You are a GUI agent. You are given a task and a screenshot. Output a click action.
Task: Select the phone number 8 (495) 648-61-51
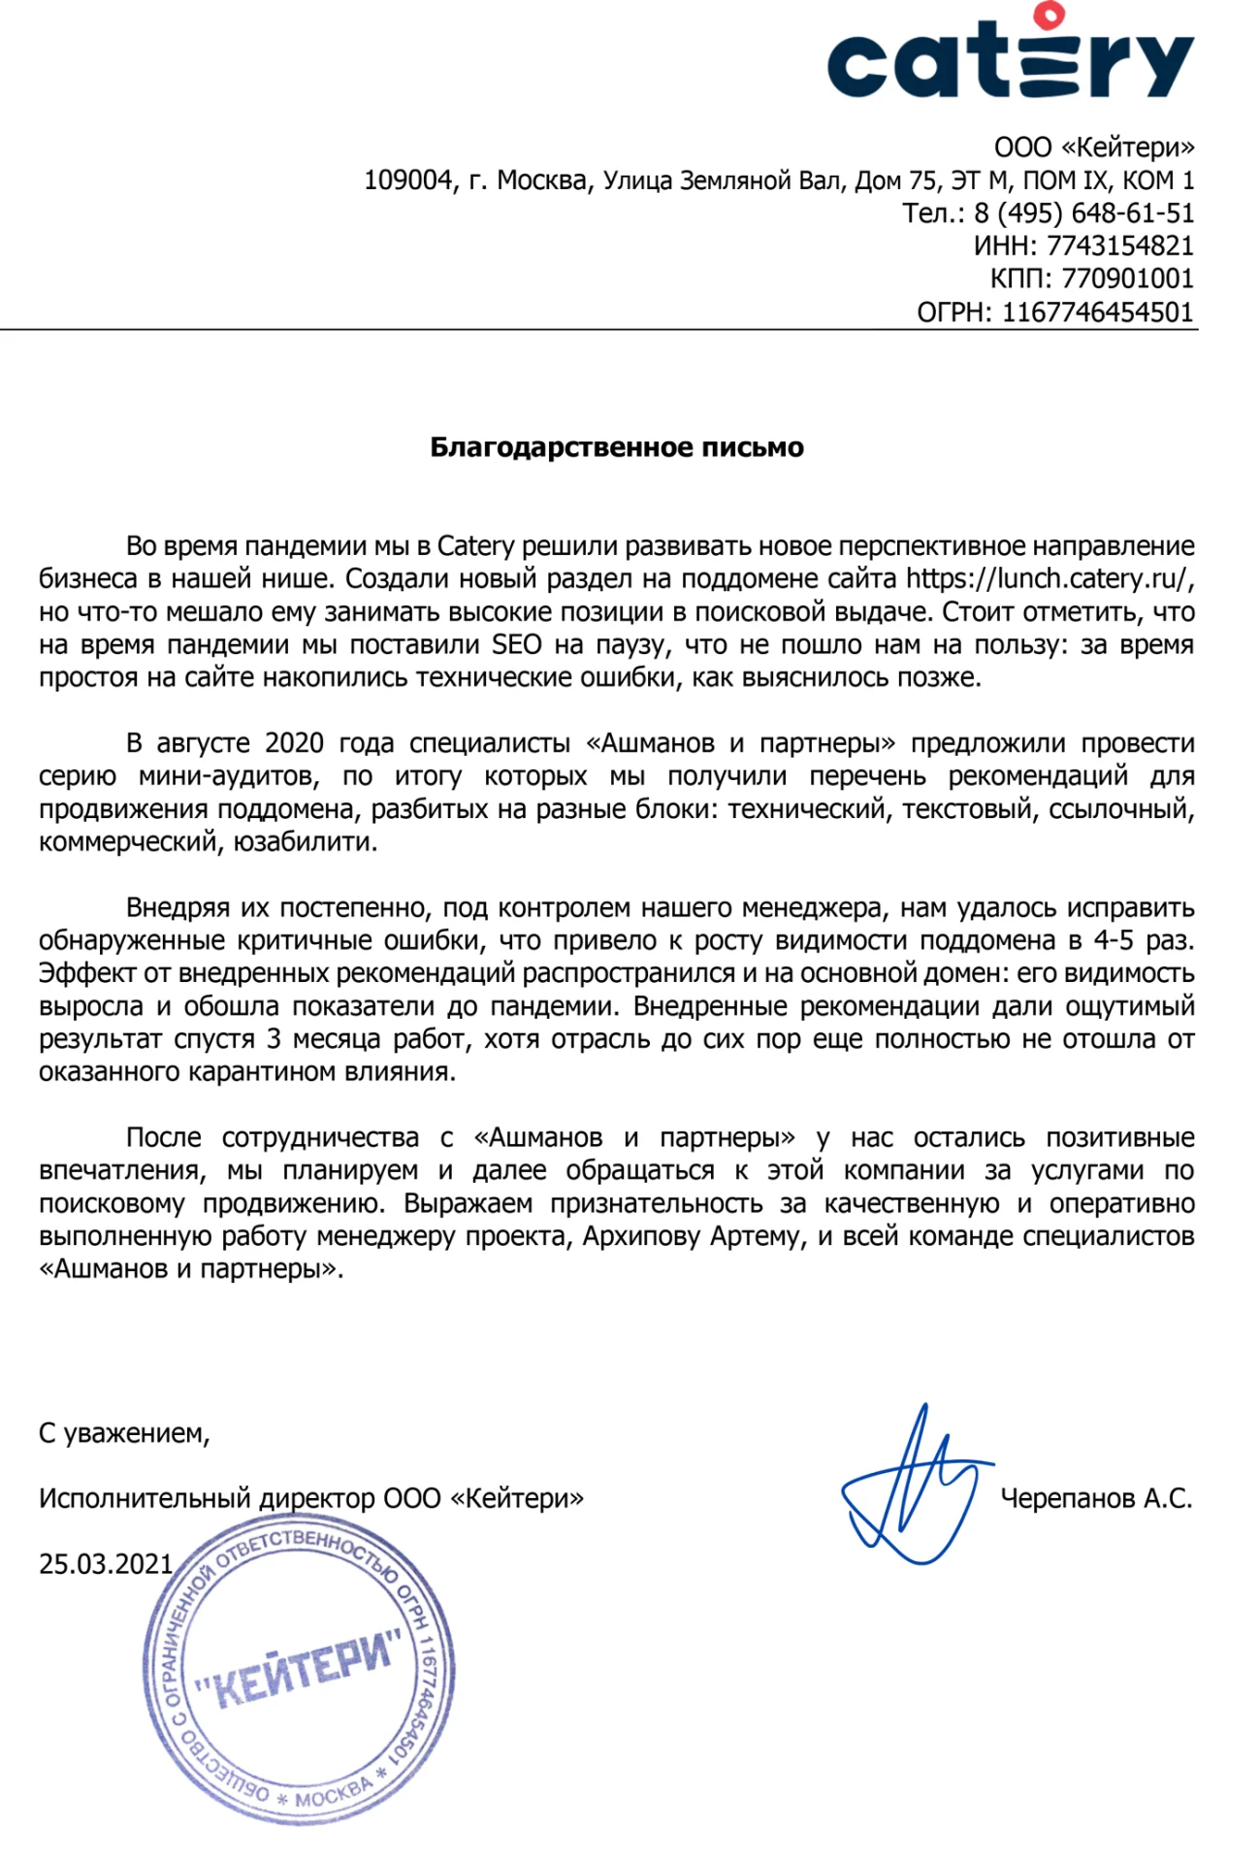click(1083, 213)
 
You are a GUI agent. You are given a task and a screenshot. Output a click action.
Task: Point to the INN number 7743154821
click(1119, 246)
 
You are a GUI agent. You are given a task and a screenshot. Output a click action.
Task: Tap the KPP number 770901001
click(1127, 279)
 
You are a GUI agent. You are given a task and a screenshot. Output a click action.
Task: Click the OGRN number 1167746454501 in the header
click(1097, 312)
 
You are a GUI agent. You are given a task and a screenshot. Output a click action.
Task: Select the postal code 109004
click(408, 180)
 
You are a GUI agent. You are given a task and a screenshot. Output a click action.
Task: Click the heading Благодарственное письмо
click(617, 447)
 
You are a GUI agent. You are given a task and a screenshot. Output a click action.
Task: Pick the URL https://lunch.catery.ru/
click(1047, 579)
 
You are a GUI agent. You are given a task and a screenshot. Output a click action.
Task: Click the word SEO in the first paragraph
click(516, 645)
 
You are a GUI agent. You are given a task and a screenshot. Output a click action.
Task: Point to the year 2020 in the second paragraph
click(294, 743)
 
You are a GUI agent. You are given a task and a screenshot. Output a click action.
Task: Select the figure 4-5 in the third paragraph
click(1114, 940)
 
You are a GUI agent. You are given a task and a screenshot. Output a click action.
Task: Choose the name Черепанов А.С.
click(1096, 1499)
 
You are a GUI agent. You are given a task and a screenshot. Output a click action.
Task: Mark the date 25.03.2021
click(106, 1564)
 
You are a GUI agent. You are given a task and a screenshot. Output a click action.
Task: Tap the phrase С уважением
click(124, 1433)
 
